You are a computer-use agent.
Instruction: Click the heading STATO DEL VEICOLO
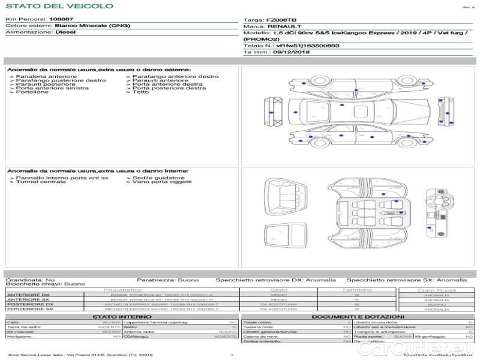[59, 6]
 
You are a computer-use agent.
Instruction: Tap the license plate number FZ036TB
[280, 20]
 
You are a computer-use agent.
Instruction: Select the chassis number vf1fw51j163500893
[307, 46]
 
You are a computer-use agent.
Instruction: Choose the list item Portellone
[32, 92]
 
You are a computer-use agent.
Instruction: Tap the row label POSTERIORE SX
[29, 309]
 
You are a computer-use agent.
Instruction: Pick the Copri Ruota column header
[436, 290]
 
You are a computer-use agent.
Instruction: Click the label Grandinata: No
[30, 280]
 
